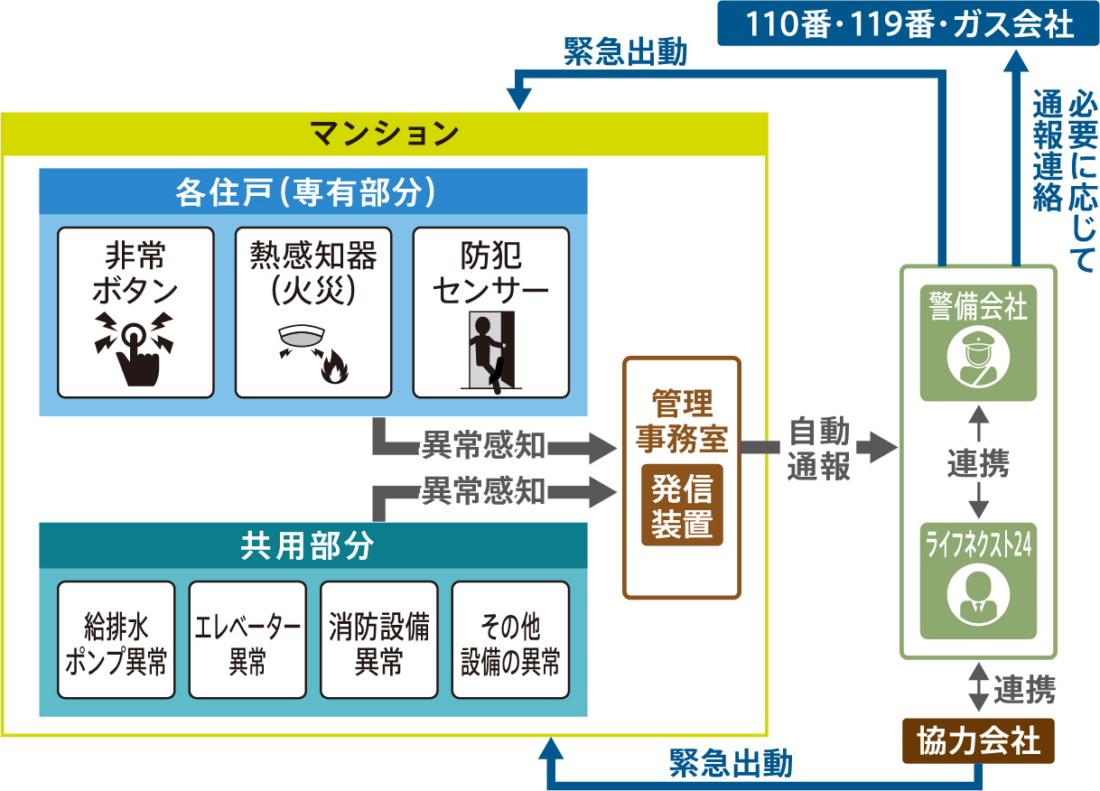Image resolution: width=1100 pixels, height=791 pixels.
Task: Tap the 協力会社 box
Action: pyautogui.click(x=978, y=741)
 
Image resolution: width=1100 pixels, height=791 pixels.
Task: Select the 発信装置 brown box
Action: pyautogui.click(x=682, y=507)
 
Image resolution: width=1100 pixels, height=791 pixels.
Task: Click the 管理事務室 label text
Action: pyautogui.click(x=682, y=420)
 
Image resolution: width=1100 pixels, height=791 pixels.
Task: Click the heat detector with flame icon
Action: pyautogui.click(x=312, y=350)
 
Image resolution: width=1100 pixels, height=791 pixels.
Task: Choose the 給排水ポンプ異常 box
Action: pyautogui.click(x=116, y=640)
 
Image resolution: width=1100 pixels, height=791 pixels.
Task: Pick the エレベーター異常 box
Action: pyautogui.click(x=247, y=640)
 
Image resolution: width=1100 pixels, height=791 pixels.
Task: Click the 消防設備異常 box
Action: pyautogui.click(x=378, y=640)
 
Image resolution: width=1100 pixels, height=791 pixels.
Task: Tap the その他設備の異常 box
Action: pyautogui.click(x=510, y=640)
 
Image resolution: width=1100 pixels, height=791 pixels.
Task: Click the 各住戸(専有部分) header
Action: pyautogui.click(x=312, y=191)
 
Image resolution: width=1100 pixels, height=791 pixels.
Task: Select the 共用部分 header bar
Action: pyautogui.click(x=312, y=545)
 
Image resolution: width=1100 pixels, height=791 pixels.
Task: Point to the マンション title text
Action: pyautogui.click(x=385, y=135)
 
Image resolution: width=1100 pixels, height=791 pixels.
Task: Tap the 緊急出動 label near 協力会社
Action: pyautogui.click(x=731, y=764)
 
